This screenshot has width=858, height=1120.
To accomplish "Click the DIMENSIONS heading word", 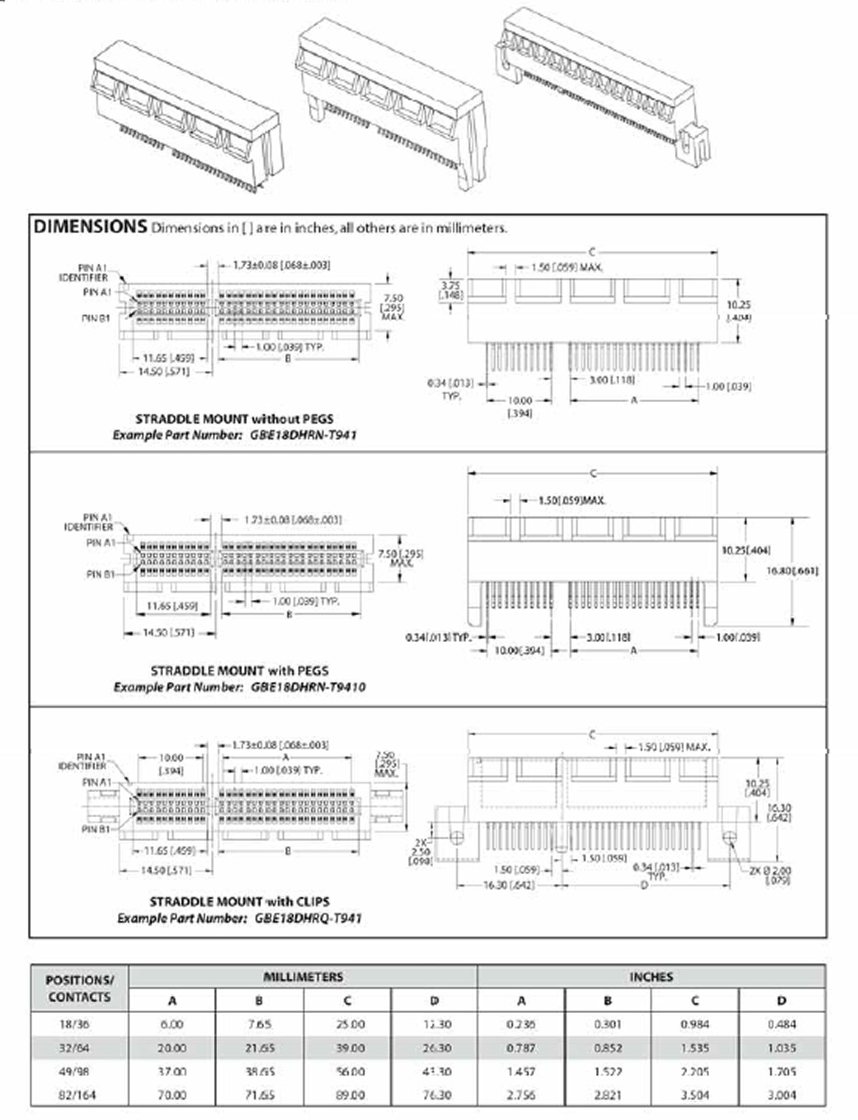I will pos(91,227).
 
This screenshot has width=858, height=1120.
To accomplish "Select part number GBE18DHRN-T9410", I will pos(308,687).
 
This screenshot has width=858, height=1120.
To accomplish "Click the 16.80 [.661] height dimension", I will pos(792,571).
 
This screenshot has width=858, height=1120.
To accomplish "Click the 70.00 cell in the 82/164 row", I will pos(172,1095).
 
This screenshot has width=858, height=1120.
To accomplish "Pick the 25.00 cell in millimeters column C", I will pos(350,1025).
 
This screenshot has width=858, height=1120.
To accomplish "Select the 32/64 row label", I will pos(74,1048).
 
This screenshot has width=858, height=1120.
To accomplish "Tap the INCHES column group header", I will pos(651,977).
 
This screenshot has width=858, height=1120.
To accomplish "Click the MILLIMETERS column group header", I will pos(303,977).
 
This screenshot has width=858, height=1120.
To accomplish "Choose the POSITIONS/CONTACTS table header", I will pos(79,989).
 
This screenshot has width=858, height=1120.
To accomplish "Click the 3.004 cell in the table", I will pos(781,1095).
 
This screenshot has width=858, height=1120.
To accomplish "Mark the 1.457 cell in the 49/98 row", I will pos(521,1071).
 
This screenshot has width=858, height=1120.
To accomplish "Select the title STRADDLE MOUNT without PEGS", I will pos(235,419).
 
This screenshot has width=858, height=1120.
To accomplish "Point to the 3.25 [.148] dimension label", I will pos(452,290).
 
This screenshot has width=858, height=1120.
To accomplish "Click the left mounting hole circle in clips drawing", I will pos(457,837).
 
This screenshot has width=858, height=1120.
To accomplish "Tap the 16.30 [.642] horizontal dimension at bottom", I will pos(509,885).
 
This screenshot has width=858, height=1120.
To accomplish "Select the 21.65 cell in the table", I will pos(259,1048).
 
